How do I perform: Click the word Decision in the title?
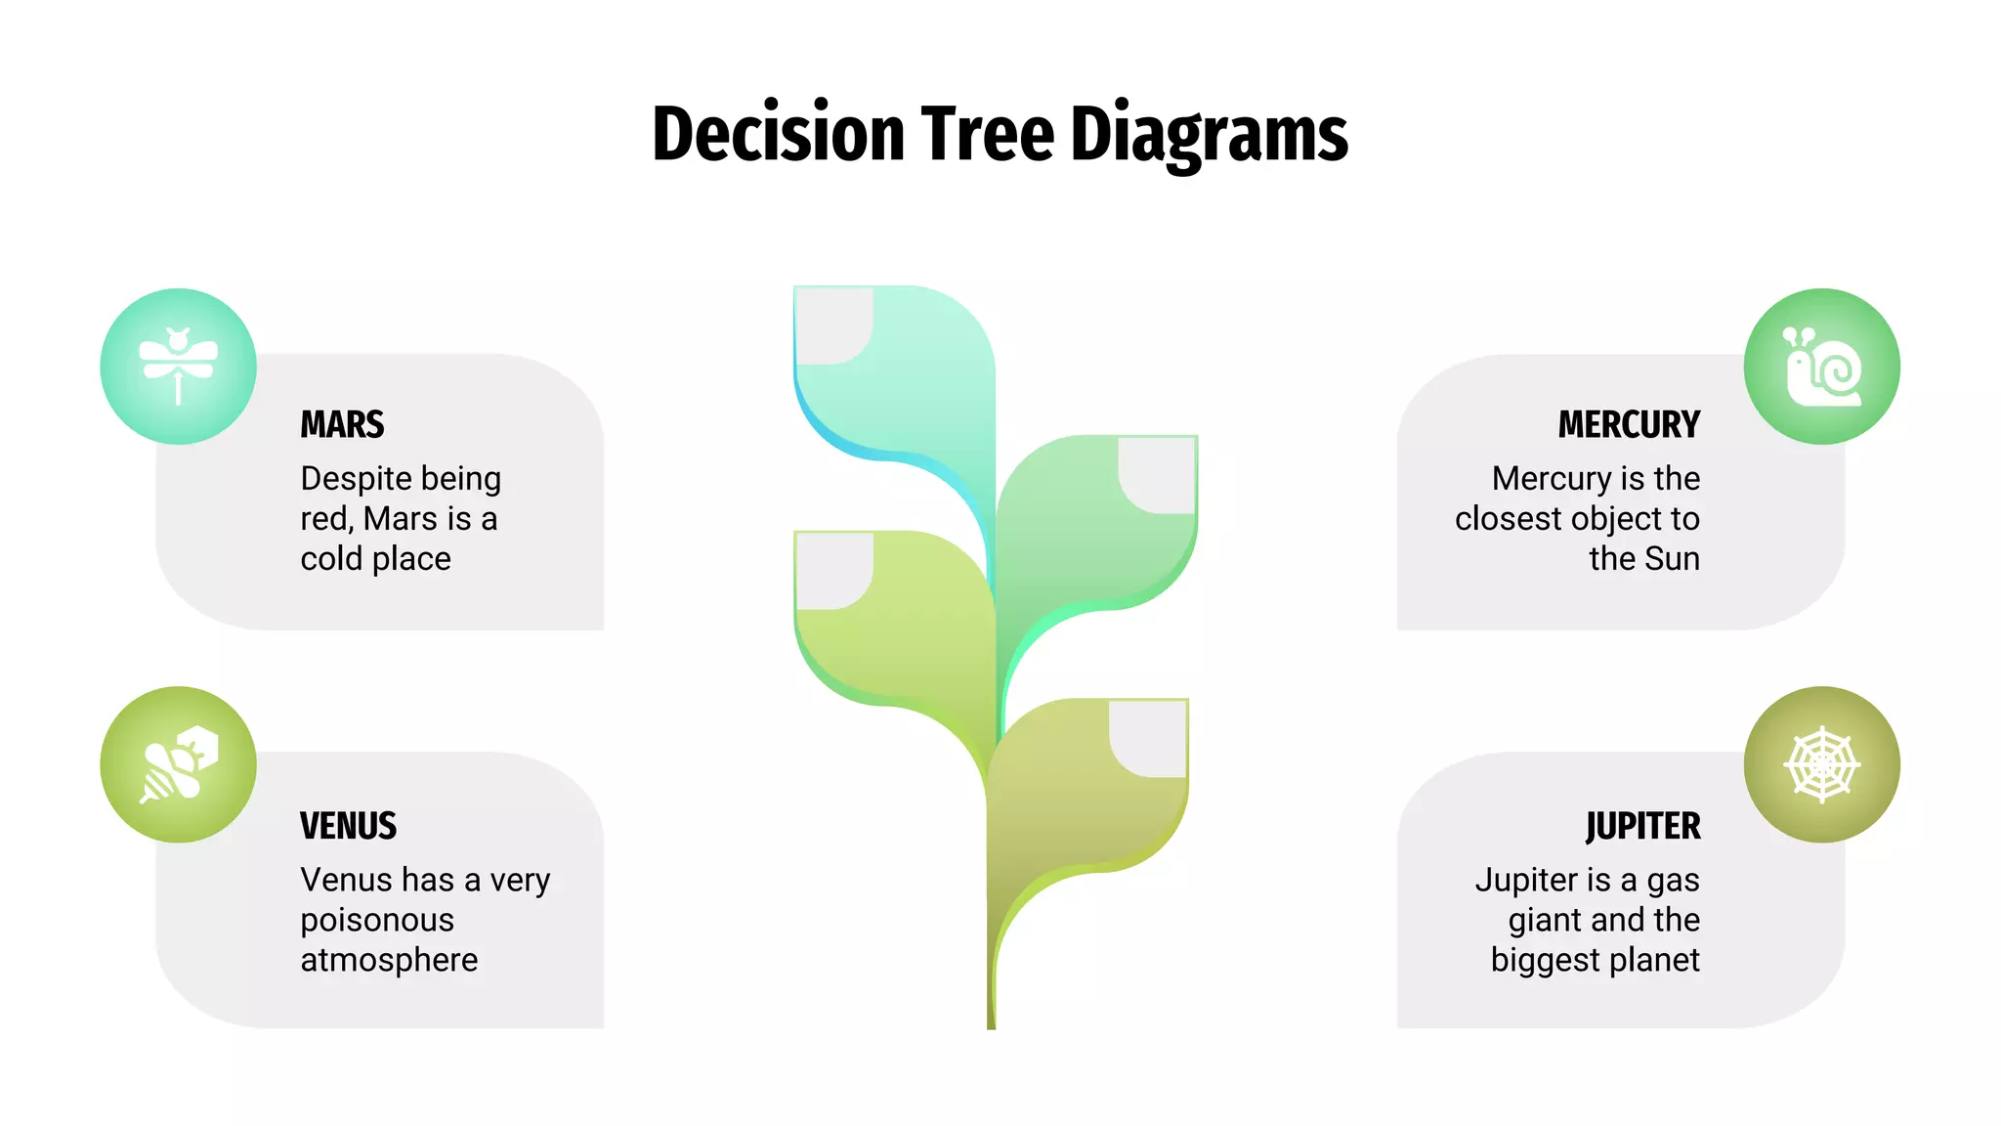pyautogui.click(x=779, y=135)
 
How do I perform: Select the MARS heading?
pyautogui.click(x=342, y=425)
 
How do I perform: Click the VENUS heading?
pyautogui.click(x=348, y=826)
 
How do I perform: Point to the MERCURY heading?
pyautogui.click(x=1629, y=425)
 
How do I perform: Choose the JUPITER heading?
pyautogui.click(x=1642, y=826)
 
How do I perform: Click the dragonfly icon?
pyautogui.click(x=179, y=367)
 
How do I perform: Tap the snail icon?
pyautogui.click(x=1821, y=367)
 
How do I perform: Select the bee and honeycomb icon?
pyautogui.click(x=179, y=764)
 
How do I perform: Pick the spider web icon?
pyautogui.click(x=1821, y=764)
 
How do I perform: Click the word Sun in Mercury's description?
pyautogui.click(x=1672, y=559)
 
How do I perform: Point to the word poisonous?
pyautogui.click(x=377, y=921)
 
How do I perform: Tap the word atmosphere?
pyautogui.click(x=389, y=961)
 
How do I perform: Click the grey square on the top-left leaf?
pyautogui.click(x=833, y=325)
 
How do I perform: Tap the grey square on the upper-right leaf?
pyautogui.click(x=1157, y=474)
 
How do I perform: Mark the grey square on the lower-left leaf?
pyautogui.click(x=833, y=571)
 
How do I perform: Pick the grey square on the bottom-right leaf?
pyautogui.click(x=1148, y=738)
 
